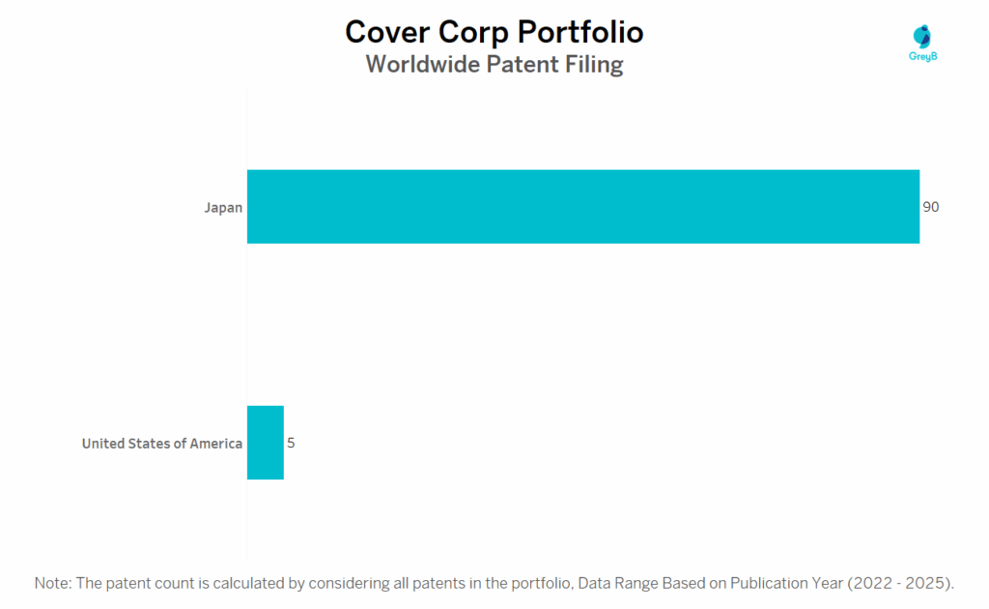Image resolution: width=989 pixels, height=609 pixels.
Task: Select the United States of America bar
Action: click(266, 443)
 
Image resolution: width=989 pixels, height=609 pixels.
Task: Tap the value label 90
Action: click(931, 207)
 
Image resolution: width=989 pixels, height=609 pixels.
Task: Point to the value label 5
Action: click(291, 443)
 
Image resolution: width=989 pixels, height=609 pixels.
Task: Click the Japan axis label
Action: click(223, 208)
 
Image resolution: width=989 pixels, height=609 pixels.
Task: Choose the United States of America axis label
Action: click(162, 444)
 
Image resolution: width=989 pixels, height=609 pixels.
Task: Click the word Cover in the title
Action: click(388, 32)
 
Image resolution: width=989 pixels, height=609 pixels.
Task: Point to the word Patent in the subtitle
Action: click(520, 65)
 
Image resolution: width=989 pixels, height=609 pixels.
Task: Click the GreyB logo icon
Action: click(922, 36)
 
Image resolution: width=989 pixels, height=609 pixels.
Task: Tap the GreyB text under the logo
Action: click(923, 57)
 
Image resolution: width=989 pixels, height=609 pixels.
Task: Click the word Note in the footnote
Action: click(52, 583)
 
